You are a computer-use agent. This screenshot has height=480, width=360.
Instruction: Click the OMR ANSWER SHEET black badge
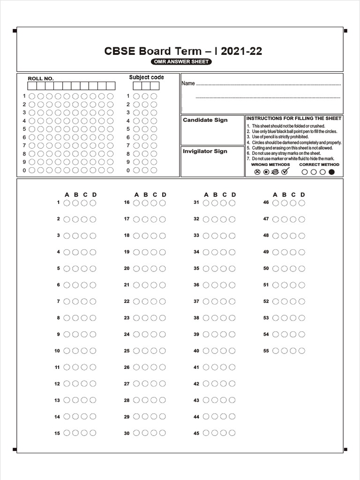[x=181, y=62]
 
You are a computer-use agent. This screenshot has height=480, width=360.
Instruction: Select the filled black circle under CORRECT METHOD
[x=332, y=172]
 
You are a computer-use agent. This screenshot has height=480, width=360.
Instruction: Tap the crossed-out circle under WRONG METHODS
[x=257, y=172]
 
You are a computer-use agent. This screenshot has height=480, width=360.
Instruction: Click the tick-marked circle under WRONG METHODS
[x=285, y=172]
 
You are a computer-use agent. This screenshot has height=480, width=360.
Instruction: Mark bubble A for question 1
[x=67, y=203]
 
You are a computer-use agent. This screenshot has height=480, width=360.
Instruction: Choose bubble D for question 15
[x=93, y=433]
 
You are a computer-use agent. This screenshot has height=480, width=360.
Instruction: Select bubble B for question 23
[x=145, y=318]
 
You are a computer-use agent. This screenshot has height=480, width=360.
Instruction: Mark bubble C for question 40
[x=223, y=351]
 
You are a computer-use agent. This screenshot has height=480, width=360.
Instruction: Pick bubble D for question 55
[x=301, y=351]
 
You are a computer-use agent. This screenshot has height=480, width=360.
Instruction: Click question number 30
[x=127, y=434]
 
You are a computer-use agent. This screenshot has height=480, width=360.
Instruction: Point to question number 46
[x=266, y=202]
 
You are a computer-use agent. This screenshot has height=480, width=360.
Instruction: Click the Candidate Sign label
[x=205, y=120]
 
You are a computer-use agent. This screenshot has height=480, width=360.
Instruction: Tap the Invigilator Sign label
[x=205, y=151]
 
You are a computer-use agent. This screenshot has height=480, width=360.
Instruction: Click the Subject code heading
[x=147, y=77]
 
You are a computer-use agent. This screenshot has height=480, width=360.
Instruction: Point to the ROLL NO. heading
[x=41, y=79]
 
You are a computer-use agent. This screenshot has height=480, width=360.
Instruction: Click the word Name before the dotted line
[x=188, y=83]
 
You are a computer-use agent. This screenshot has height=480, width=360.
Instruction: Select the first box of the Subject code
[x=137, y=86]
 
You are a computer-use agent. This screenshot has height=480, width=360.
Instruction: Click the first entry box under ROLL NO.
[x=32, y=86]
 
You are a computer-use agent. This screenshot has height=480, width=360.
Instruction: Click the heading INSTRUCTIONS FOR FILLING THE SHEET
[x=294, y=118]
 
